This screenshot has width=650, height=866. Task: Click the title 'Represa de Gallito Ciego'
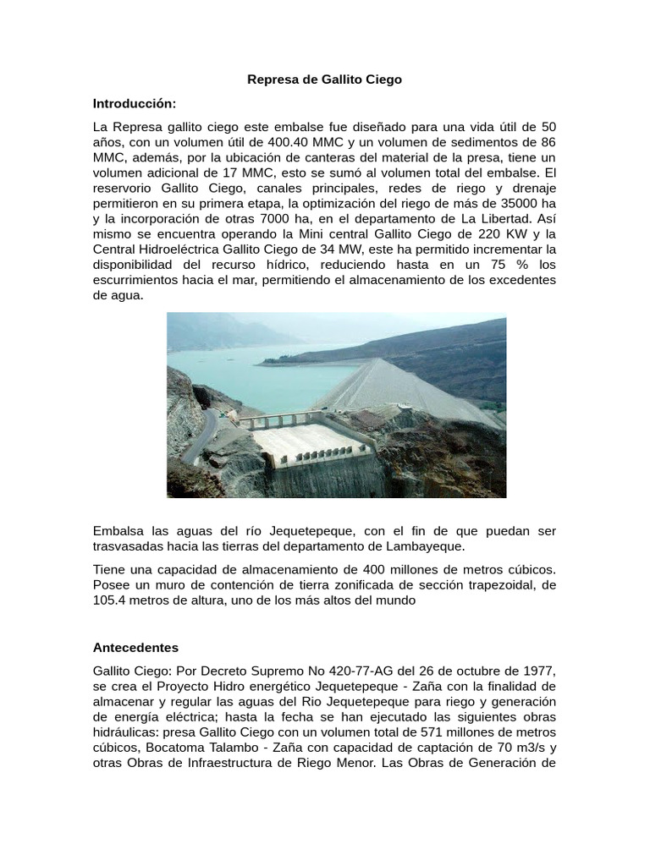pyautogui.click(x=324, y=79)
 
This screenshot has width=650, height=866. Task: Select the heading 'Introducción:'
pyautogui.click(x=135, y=103)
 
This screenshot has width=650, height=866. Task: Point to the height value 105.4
pyautogui.click(x=110, y=600)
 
